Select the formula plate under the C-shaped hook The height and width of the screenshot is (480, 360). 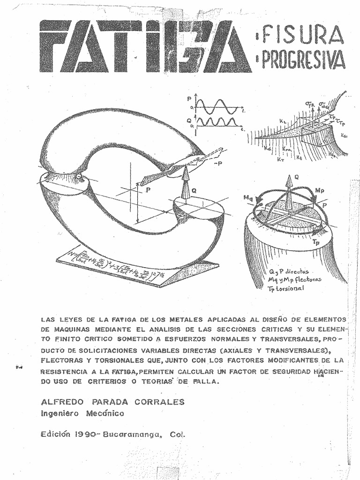coord(136,265)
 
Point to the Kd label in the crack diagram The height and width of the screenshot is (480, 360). coord(268,149)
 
